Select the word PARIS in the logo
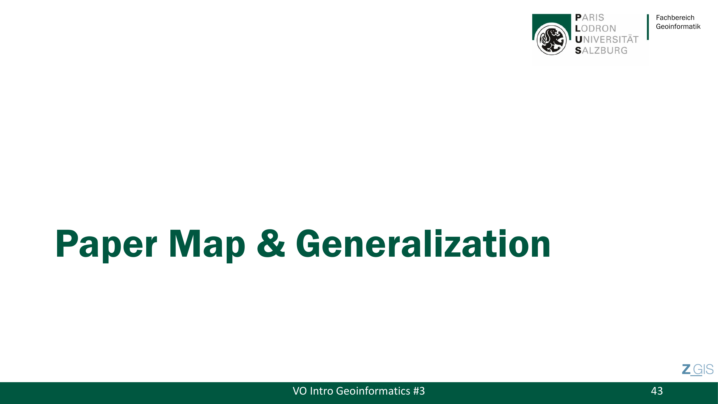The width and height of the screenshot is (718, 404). [x=590, y=18]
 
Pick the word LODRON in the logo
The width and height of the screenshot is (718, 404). [x=595, y=29]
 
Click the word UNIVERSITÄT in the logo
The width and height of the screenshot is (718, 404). [x=607, y=39]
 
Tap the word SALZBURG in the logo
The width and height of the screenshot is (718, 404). [x=601, y=50]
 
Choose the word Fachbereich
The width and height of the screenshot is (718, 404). [x=675, y=18]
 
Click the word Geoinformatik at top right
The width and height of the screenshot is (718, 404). [x=678, y=26]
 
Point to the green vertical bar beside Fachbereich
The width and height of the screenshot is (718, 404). [x=648, y=27]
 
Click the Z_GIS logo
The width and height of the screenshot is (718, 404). [x=698, y=370]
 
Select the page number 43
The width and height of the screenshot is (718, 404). [x=657, y=391]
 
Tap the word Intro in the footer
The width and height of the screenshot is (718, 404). [x=321, y=391]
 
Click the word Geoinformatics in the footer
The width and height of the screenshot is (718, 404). [x=373, y=391]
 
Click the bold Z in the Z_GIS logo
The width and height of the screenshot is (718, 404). [x=686, y=370]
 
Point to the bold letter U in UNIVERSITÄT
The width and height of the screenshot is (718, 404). [x=579, y=40]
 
